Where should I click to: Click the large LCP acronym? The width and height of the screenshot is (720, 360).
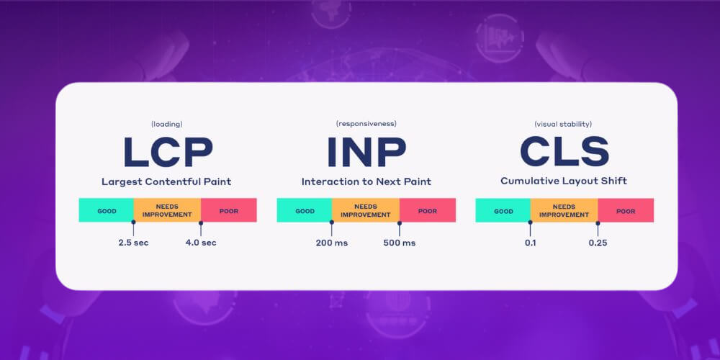pyautogui.click(x=167, y=152)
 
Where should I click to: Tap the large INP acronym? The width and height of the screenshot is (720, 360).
pyautogui.click(x=366, y=152)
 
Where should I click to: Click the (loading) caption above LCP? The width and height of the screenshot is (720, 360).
pyautogui.click(x=167, y=124)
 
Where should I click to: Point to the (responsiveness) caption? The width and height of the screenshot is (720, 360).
pyautogui.click(x=366, y=124)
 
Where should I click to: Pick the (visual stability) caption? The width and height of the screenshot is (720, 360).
pyautogui.click(x=564, y=124)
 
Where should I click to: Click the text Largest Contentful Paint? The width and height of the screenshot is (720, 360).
pyautogui.click(x=167, y=181)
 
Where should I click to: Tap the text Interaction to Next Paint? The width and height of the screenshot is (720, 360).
pyautogui.click(x=366, y=181)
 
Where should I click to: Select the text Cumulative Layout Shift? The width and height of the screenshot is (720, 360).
pyautogui.click(x=564, y=181)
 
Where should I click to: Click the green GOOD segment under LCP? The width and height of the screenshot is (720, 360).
pyautogui.click(x=107, y=210)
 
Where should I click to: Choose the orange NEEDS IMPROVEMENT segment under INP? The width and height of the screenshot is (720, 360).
pyautogui.click(x=366, y=210)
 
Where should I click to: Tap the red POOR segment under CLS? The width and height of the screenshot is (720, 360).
pyautogui.click(x=626, y=210)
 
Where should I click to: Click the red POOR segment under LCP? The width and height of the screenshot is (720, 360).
pyautogui.click(x=228, y=210)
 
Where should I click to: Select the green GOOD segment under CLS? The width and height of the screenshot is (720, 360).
pyautogui.click(x=503, y=210)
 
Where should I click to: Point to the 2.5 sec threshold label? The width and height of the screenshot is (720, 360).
pyautogui.click(x=133, y=243)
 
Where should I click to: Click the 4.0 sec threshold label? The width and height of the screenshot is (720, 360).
pyautogui.click(x=201, y=243)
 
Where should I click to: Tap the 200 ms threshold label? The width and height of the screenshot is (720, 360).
pyautogui.click(x=331, y=243)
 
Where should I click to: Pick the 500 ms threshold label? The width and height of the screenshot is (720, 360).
pyautogui.click(x=399, y=243)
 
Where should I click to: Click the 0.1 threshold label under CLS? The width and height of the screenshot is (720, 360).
pyautogui.click(x=530, y=243)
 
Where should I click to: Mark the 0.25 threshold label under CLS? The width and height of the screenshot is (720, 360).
pyautogui.click(x=598, y=243)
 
